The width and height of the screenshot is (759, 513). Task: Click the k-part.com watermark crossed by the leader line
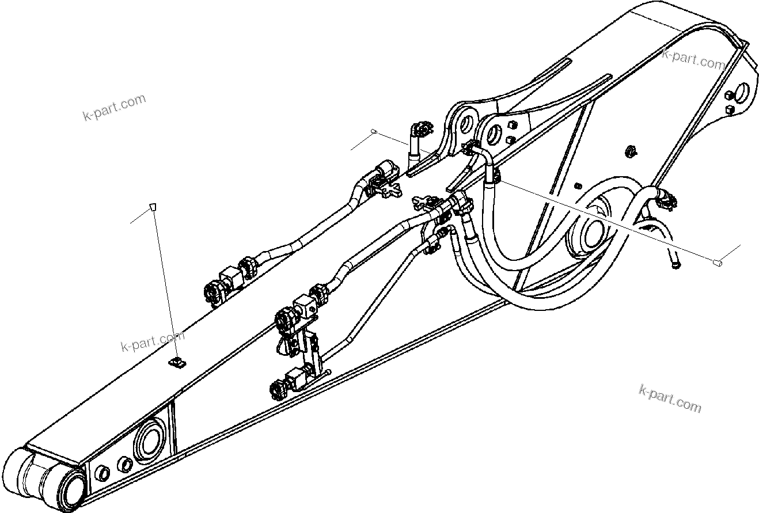[152, 341]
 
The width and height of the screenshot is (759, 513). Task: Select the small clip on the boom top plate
[178, 362]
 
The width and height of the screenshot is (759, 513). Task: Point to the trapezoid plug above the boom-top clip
[153, 207]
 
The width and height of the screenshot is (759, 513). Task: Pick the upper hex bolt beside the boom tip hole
[729, 95]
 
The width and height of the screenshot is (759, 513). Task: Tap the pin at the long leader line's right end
[718, 263]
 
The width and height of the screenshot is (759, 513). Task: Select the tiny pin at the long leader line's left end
[374, 132]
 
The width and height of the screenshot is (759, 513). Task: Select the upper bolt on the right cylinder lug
[510, 125]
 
